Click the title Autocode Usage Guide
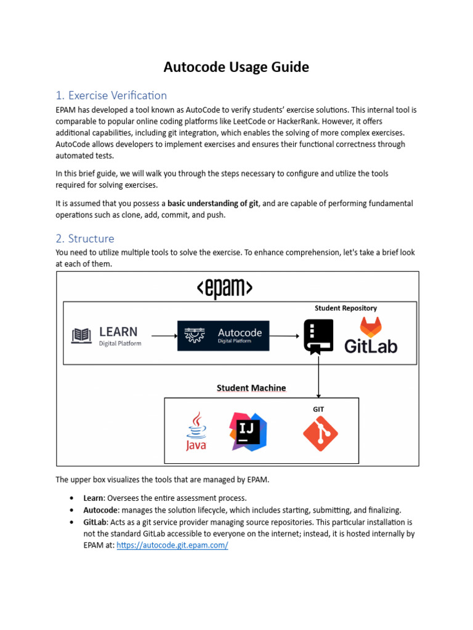click(236, 67)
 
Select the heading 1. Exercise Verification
click(111, 95)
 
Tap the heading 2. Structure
click(84, 238)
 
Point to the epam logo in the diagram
click(224, 288)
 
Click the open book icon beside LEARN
click(81, 336)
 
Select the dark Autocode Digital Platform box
click(223, 336)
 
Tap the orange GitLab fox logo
click(370, 326)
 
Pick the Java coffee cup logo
click(196, 432)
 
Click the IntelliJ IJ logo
click(248, 431)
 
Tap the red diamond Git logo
click(320, 434)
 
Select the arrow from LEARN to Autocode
click(164, 336)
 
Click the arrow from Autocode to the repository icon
click(286, 336)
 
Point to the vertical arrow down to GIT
click(318, 377)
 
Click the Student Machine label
click(251, 388)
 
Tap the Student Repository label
click(346, 308)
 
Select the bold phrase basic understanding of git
click(213, 203)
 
